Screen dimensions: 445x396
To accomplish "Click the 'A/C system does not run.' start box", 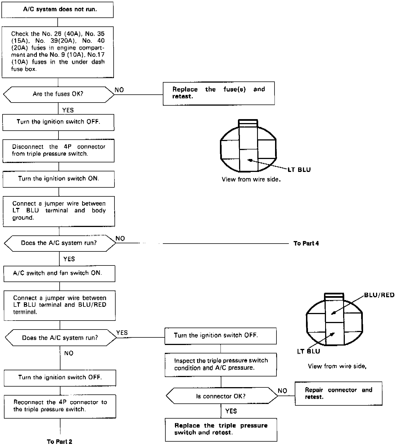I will point(57,10).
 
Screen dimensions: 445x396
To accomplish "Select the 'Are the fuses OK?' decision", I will point(58,94).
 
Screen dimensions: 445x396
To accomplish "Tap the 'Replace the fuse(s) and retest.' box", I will point(219,93).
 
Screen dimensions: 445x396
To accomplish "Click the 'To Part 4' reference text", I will point(306,243).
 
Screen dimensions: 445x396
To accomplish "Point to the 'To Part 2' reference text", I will point(59,442).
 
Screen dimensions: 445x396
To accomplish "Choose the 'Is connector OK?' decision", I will point(221,396).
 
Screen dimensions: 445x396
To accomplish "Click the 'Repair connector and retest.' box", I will point(338,393).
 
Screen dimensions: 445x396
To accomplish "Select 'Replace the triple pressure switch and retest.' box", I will point(221,429).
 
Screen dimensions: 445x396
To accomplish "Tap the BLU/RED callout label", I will point(379,295).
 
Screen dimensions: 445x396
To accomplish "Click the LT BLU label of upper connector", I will point(299,170).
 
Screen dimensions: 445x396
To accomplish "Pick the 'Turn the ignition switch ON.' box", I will point(58,179).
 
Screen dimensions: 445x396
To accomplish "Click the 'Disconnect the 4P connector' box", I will point(58,150).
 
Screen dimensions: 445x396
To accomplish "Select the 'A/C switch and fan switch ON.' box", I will point(59,273).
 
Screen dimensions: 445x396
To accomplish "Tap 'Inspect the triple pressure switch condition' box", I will point(221,364).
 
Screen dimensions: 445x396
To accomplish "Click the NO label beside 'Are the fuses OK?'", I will point(119,90).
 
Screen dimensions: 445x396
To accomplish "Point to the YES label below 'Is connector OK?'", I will point(231,411).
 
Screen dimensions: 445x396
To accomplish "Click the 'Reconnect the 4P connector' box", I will point(60,406).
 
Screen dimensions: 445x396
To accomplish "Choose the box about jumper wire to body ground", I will point(59,211).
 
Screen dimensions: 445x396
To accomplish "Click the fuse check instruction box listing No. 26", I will point(58,52).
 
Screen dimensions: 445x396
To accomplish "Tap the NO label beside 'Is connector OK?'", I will point(282,391).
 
